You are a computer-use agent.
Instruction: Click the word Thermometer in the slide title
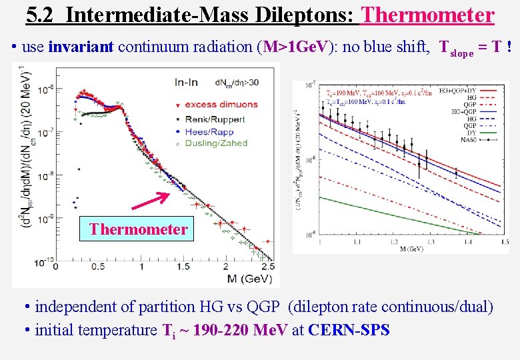(427, 14)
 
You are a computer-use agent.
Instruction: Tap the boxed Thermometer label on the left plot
(138, 229)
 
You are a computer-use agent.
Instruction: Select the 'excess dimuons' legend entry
(221, 104)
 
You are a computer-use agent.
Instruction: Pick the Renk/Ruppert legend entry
(215, 119)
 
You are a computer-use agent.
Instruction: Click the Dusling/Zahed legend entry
(216, 143)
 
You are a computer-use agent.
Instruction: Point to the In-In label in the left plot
(189, 83)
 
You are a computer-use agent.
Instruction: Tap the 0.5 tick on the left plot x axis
(97, 266)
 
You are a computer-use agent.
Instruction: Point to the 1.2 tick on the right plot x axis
(393, 242)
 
